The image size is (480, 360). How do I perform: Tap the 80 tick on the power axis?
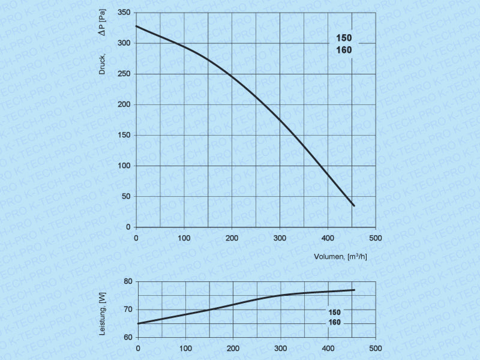[127, 281]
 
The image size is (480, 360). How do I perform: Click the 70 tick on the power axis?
[127, 310]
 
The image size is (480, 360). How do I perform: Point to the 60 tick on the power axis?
[127, 337]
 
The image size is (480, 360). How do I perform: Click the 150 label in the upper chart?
[344, 38]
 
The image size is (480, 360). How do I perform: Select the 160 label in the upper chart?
[344, 50]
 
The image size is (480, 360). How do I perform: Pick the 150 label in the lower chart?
[335, 312]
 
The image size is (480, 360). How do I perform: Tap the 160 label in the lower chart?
[335, 323]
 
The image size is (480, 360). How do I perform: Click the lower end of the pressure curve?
[354, 206]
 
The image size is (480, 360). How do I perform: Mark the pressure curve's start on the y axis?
[137, 26]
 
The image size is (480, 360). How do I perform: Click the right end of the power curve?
[354, 290]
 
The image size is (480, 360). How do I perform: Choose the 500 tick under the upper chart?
[375, 238]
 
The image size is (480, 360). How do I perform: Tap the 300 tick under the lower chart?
[281, 348]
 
